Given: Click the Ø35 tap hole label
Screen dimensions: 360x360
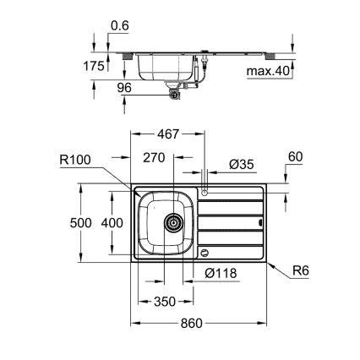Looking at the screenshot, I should (241, 165).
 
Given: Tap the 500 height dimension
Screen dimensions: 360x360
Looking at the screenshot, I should (77, 221).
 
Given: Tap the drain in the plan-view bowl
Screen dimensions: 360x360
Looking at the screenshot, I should (173, 224).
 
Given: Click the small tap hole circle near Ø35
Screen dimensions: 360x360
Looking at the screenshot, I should (205, 193).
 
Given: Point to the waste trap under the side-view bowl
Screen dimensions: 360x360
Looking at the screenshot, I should (174, 96).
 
